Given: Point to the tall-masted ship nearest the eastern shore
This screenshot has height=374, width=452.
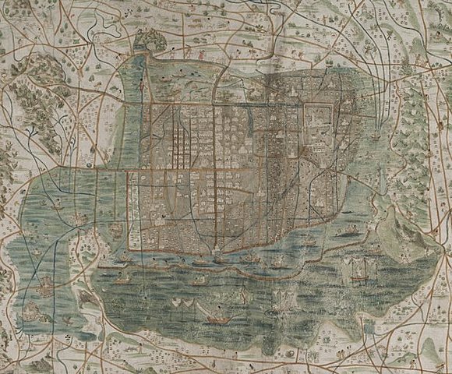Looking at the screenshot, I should [359, 270].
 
